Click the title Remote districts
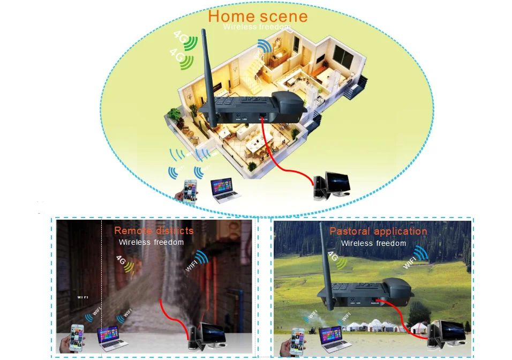[154, 231]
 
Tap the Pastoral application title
[378, 231]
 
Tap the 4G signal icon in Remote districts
[125, 262]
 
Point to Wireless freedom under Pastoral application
[373, 243]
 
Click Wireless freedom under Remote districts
[151, 242]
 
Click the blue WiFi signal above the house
[264, 47]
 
